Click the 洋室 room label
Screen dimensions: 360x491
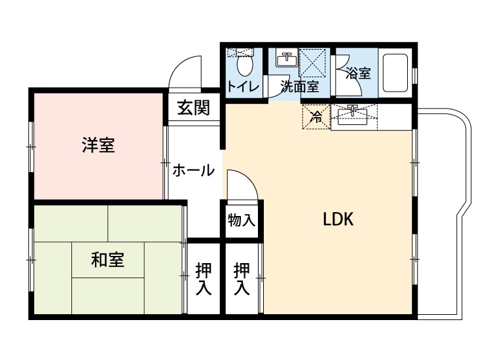click(x=98, y=145)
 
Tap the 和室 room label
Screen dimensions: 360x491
click(x=107, y=260)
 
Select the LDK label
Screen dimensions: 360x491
click(x=338, y=220)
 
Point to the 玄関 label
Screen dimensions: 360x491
click(x=192, y=107)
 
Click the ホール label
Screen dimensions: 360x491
click(x=193, y=171)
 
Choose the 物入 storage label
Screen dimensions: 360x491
click(x=242, y=220)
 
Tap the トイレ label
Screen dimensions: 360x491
click(x=243, y=86)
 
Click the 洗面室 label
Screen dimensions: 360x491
click(x=299, y=86)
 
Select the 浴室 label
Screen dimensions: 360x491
click(x=357, y=73)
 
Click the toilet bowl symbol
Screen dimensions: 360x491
click(x=244, y=64)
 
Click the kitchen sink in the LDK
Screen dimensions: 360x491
click(x=353, y=116)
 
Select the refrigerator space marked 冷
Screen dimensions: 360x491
click(x=316, y=117)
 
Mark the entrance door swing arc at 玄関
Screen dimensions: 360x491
click(x=185, y=69)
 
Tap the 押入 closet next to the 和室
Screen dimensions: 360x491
click(x=203, y=279)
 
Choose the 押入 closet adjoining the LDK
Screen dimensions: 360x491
click(x=242, y=279)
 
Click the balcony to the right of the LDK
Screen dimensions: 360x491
click(x=442, y=216)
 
